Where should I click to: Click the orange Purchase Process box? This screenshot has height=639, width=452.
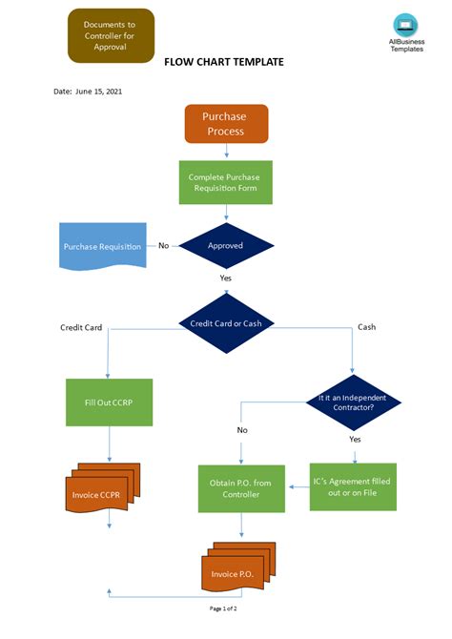[x=226, y=124]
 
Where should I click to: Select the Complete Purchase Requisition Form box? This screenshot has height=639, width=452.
[x=226, y=182]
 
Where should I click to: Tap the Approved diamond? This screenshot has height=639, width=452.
[x=226, y=245]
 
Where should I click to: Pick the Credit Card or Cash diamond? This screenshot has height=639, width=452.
[x=226, y=323]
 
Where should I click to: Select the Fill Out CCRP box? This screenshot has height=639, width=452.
[x=107, y=402]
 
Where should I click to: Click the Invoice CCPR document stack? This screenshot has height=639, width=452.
[x=106, y=494]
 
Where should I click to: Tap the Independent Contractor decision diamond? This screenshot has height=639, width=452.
[x=354, y=402]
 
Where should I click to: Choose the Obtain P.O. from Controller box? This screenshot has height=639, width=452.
[x=240, y=489]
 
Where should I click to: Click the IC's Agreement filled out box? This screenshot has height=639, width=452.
[x=353, y=486]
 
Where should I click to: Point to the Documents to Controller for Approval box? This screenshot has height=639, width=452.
[x=110, y=35]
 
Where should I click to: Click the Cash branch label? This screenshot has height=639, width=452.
[x=366, y=327]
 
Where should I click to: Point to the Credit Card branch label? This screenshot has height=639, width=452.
[x=81, y=327]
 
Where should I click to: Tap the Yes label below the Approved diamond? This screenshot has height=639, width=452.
[x=226, y=278]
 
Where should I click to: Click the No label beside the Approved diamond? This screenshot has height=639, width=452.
[x=163, y=245]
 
